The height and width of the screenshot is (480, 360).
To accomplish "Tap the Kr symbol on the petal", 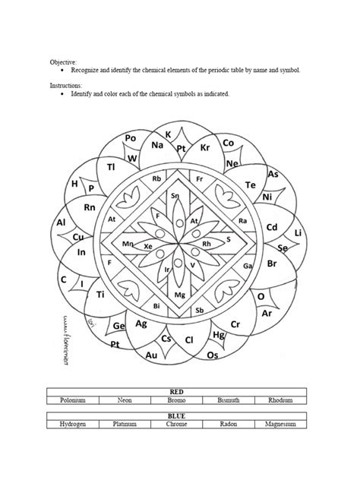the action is (204, 147).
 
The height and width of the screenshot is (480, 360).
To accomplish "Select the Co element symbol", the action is (229, 142).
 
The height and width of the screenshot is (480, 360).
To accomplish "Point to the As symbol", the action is (273, 174).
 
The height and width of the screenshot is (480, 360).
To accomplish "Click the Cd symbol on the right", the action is (272, 227).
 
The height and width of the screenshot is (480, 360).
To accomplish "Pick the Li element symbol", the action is (298, 232).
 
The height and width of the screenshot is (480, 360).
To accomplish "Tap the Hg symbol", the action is (219, 334).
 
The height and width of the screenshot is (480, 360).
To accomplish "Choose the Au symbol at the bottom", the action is (151, 355).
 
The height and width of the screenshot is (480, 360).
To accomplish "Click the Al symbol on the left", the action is (62, 223).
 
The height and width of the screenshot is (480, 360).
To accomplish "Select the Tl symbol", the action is (111, 166).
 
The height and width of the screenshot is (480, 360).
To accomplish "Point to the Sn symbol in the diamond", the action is (175, 196).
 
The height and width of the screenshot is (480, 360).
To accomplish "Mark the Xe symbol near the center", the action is (148, 247).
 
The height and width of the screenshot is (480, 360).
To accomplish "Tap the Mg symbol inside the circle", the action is (180, 294).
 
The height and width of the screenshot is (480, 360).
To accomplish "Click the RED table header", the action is (177, 392).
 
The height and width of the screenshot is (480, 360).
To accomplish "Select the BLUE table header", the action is (177, 416).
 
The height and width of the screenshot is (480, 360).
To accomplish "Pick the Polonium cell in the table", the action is (73, 400).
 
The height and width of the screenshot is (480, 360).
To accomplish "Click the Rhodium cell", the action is (280, 400).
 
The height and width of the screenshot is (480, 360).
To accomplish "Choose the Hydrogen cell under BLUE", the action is (73, 425).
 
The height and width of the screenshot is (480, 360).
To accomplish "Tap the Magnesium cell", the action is (280, 425).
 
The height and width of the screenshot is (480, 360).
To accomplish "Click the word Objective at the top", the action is (63, 61).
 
